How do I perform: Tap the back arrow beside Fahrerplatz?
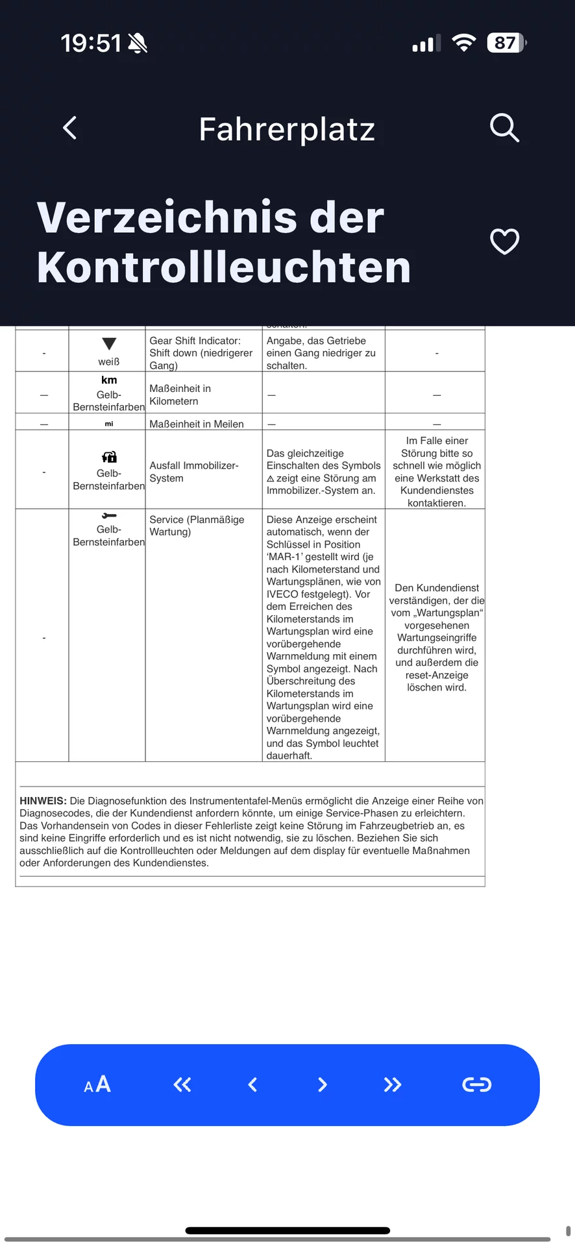(x=70, y=128)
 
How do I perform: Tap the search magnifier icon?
(x=504, y=128)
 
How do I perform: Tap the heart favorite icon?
(x=504, y=241)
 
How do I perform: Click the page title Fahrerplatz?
(x=287, y=129)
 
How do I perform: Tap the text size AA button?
(x=97, y=1084)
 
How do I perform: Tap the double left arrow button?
(x=182, y=1084)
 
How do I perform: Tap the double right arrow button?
(x=392, y=1084)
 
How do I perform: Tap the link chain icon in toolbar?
(x=476, y=1084)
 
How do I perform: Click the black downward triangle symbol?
(x=109, y=344)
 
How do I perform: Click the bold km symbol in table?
(x=109, y=380)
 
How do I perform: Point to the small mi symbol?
(x=109, y=424)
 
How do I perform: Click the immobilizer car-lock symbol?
(x=109, y=457)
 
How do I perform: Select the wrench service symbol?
(x=109, y=516)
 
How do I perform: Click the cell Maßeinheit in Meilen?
(x=197, y=424)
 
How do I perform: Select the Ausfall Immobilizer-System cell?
(x=193, y=472)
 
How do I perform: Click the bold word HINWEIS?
(x=43, y=801)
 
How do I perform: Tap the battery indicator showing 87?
(x=506, y=43)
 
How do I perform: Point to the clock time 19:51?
(x=91, y=43)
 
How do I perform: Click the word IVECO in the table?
(x=283, y=594)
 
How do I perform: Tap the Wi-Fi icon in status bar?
(x=463, y=43)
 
